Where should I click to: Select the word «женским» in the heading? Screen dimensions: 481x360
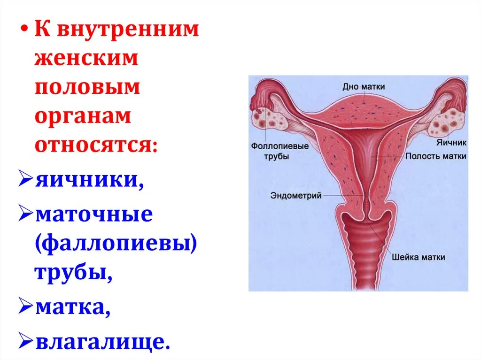[86, 58]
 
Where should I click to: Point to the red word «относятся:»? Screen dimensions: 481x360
[96, 145]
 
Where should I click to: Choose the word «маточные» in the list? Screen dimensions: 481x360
[94, 214]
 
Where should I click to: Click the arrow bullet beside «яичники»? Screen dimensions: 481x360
[25, 178]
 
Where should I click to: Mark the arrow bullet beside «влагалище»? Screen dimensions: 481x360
[25, 340]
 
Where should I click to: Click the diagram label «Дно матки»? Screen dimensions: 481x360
[364, 87]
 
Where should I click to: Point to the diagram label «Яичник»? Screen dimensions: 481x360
[451, 143]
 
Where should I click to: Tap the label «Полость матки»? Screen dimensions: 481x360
[435, 156]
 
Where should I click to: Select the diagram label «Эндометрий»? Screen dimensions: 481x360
[296, 195]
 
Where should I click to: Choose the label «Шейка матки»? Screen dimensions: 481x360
[418, 257]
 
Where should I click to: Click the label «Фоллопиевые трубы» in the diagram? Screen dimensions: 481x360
[280, 151]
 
